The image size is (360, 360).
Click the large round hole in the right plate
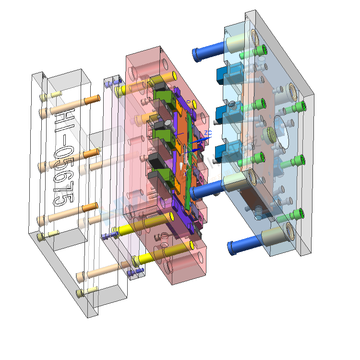(x=285, y=134)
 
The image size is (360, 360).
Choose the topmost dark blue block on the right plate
(x=224, y=75)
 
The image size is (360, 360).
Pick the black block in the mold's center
(x=156, y=161)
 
